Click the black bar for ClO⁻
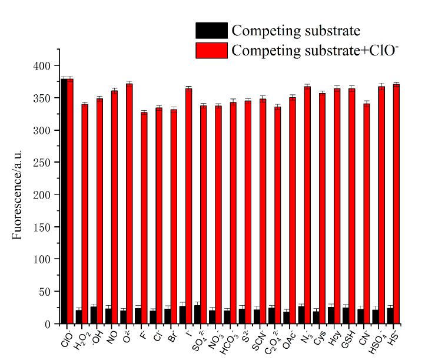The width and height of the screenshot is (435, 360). [x=64, y=200]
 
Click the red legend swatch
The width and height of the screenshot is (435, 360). [x=212, y=50]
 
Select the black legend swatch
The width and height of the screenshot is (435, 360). [x=212, y=31]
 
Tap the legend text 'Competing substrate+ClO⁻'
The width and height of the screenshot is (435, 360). [x=316, y=50]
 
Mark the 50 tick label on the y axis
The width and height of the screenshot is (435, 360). [x=47, y=291]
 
